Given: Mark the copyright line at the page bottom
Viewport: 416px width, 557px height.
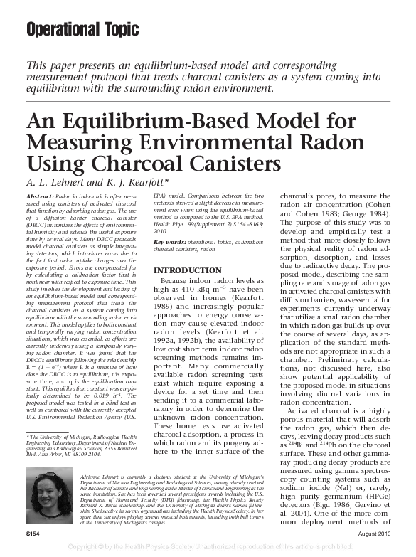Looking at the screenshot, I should tap(208, 548).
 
